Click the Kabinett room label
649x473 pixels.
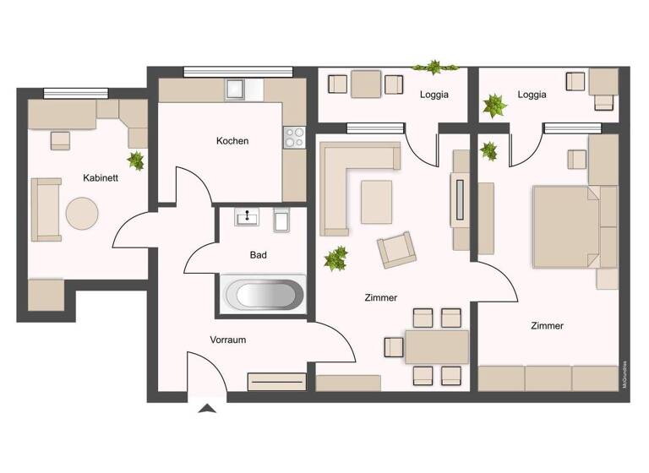tap(101, 178)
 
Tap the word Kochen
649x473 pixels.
tap(232, 141)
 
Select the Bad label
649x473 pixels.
tap(259, 254)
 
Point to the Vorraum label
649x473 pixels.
tap(227, 340)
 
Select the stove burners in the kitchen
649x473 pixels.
tap(294, 138)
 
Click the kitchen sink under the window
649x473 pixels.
tap(234, 88)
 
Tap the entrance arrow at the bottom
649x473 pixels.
tap(207, 409)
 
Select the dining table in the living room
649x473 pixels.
tap(436, 346)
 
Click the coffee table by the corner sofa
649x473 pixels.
tap(376, 202)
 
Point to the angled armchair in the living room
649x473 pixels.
tap(395, 250)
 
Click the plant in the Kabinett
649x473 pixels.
tap(135, 160)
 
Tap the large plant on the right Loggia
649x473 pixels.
tap(494, 106)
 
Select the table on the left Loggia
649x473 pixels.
tap(366, 84)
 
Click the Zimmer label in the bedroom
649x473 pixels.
tap(547, 326)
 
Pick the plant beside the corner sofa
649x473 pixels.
tap(336, 258)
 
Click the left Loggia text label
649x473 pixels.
tap(434, 95)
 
